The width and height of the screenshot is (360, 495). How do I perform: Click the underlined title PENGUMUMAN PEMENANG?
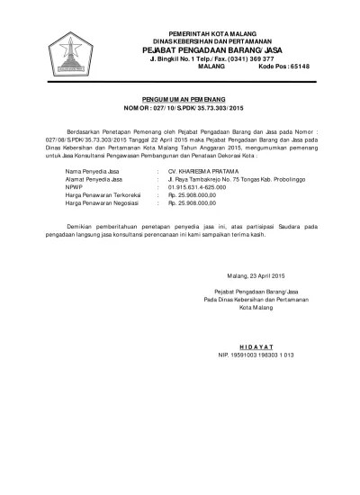click(x=189, y=94)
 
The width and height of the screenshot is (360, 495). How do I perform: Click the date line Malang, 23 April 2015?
click(x=253, y=274)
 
